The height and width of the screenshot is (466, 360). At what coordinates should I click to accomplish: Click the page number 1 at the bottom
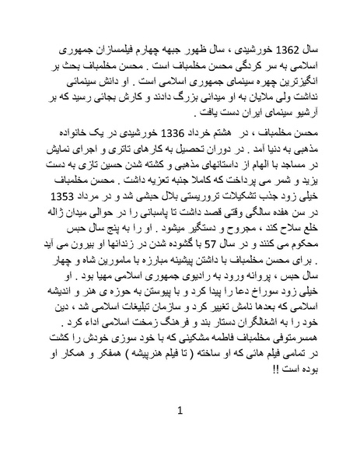(x=180, y=410)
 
